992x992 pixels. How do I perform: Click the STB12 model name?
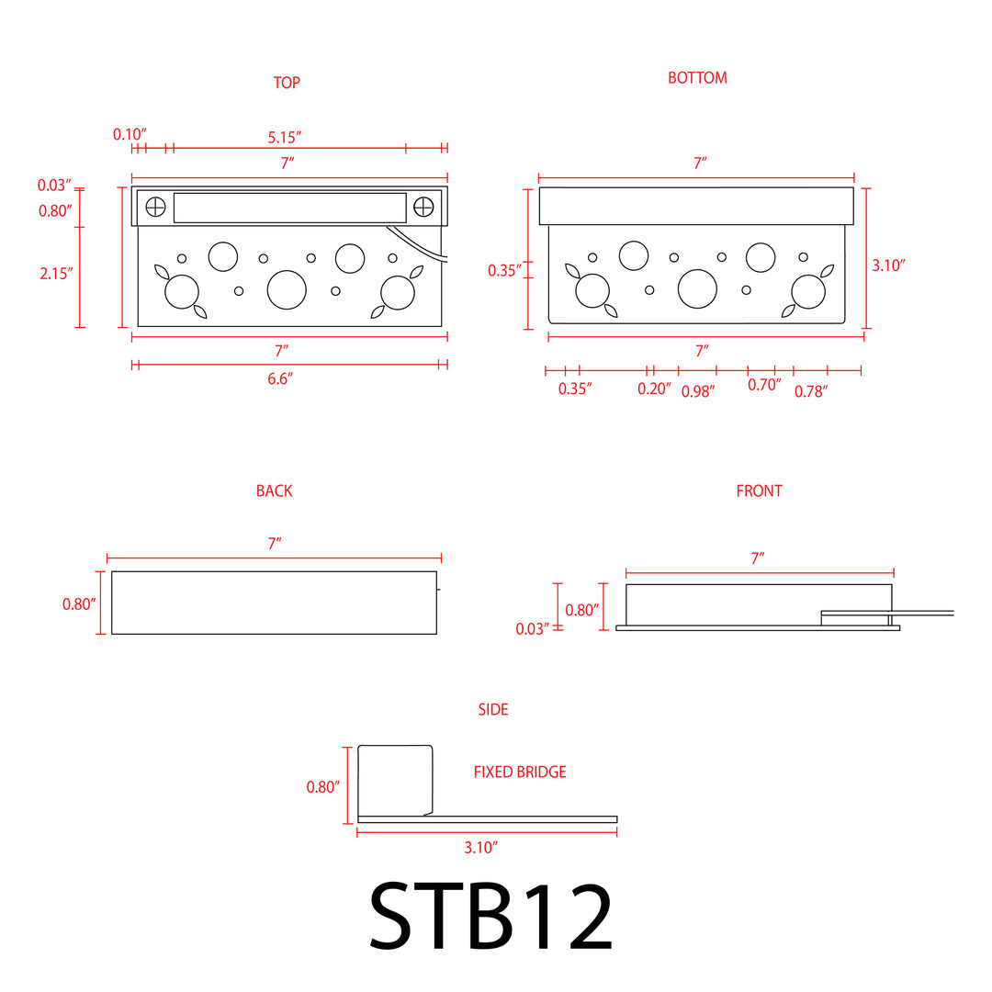point(490,917)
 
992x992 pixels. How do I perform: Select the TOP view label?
point(287,83)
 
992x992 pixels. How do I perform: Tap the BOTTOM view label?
point(697,78)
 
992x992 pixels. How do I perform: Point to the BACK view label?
point(274,491)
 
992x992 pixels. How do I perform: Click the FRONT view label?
point(759,491)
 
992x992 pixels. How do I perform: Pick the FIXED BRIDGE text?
point(520,772)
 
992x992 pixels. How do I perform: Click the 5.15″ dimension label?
point(285,137)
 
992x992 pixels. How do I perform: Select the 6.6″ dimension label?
point(280,379)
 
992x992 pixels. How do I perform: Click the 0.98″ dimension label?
point(697,390)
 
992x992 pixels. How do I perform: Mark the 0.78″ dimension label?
point(811,390)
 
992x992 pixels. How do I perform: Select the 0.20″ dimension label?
point(654,389)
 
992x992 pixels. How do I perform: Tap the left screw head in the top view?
point(155,207)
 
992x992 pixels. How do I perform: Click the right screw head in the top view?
point(424,207)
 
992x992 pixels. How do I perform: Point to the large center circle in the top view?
point(287,289)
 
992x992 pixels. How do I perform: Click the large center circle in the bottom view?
point(697,288)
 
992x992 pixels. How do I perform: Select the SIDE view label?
point(492,710)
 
